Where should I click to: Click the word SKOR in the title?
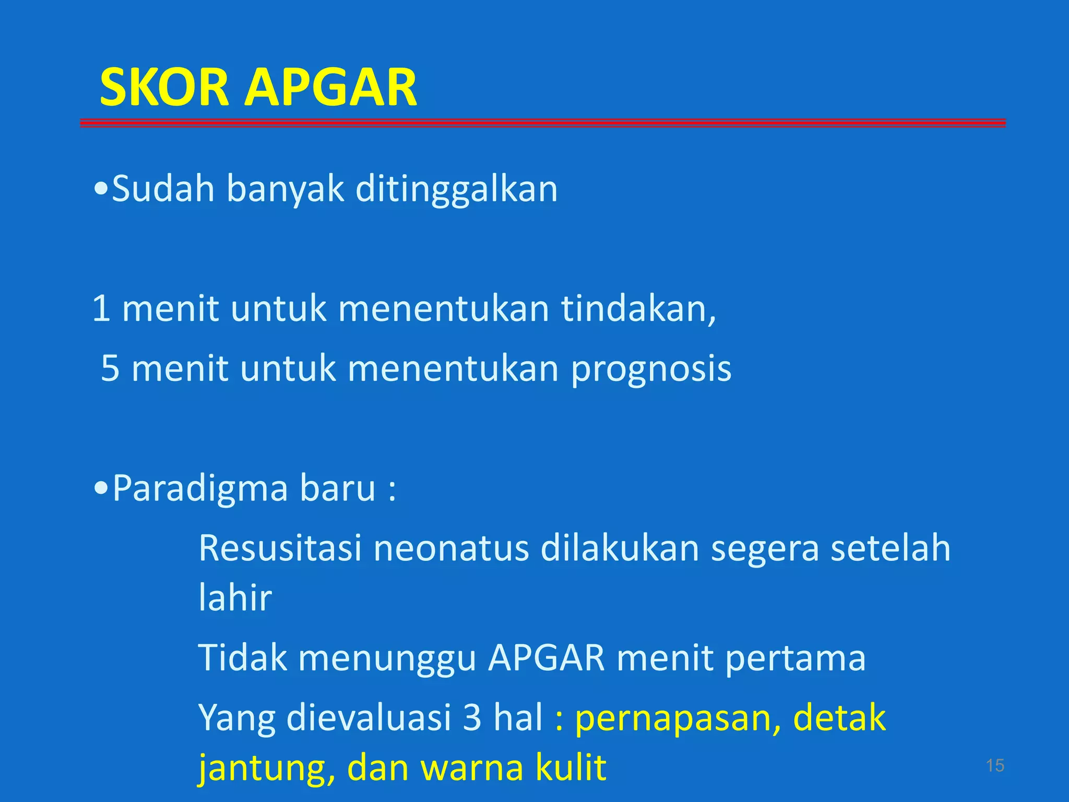point(164,87)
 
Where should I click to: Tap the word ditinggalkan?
point(456,188)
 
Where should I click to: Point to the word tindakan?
point(638,309)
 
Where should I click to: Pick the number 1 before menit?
point(101,309)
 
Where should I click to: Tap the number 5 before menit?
point(110,368)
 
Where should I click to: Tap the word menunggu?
point(387,658)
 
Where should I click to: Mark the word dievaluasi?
point(369,718)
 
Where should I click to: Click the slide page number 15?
point(995,765)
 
